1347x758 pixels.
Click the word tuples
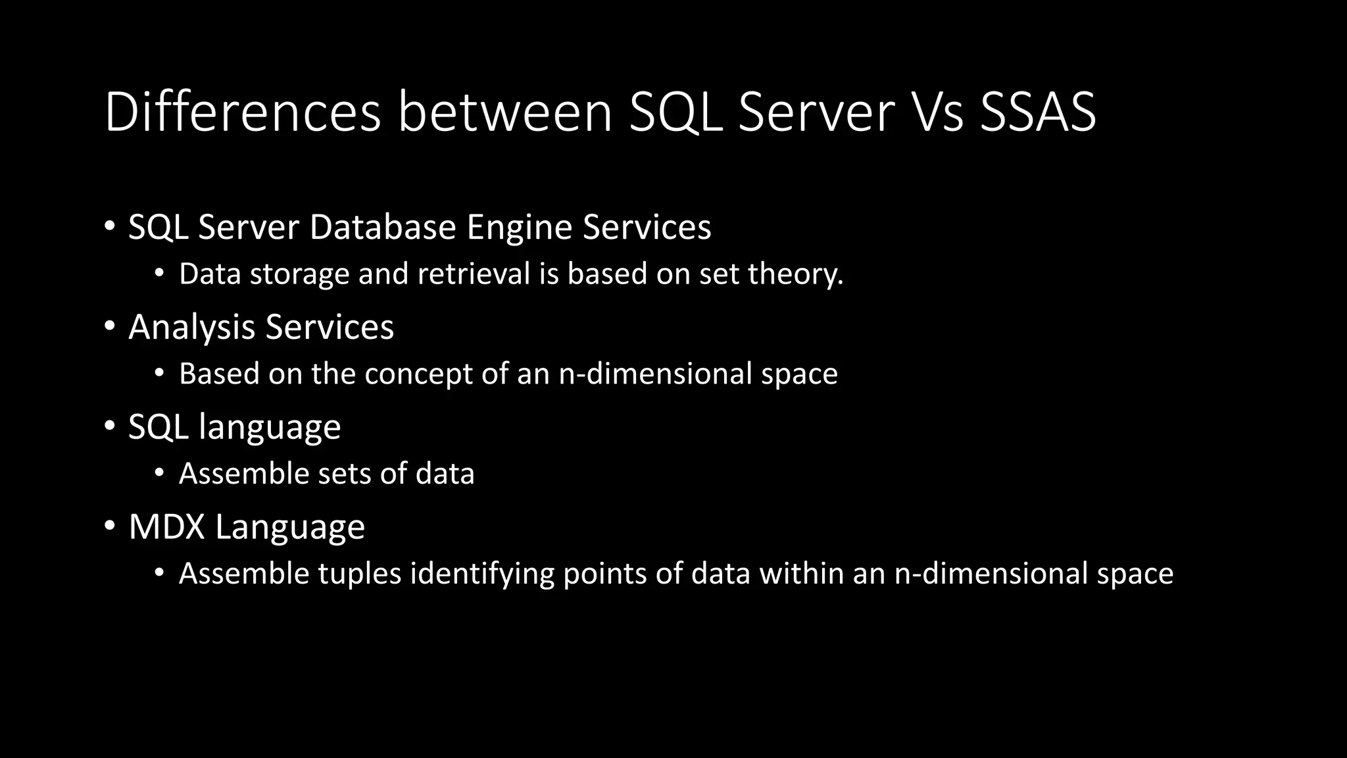coord(360,574)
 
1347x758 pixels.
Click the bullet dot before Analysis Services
coord(109,326)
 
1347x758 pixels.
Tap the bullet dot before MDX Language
coord(109,526)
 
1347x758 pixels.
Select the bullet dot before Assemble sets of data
coord(159,472)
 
